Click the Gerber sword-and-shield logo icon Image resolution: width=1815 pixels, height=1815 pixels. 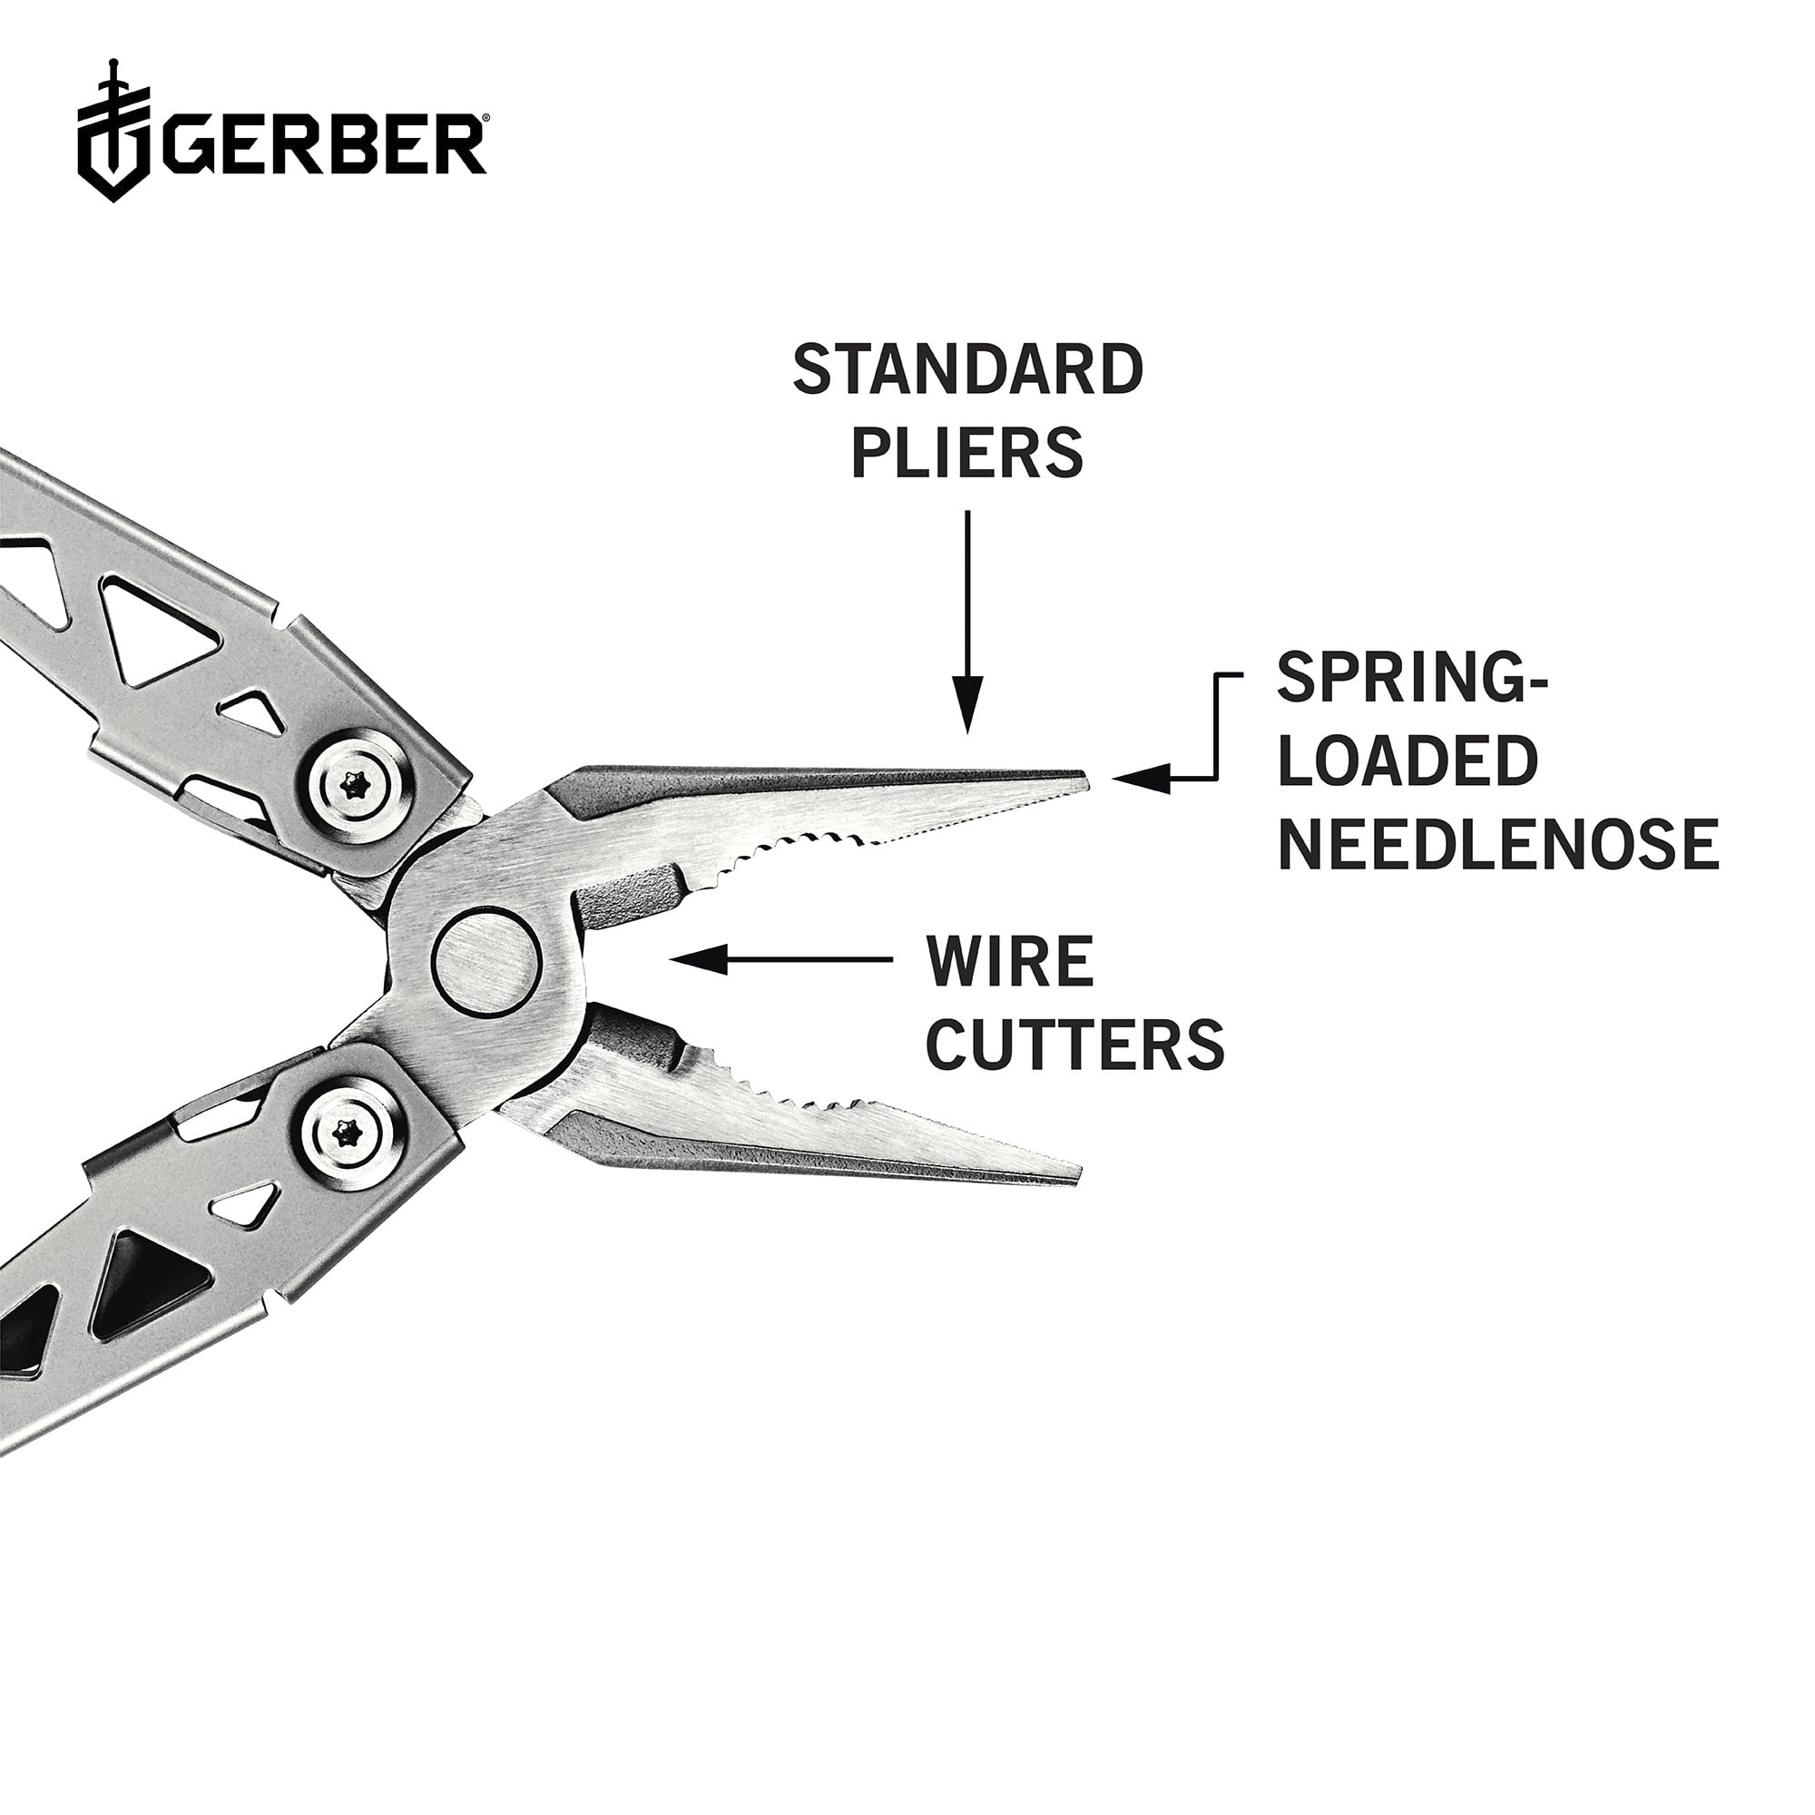(113, 133)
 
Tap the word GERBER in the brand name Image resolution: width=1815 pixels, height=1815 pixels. (324, 144)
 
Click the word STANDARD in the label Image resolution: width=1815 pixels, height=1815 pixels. (967, 370)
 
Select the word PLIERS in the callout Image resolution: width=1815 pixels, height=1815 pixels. (967, 454)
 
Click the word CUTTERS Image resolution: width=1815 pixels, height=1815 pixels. (1074, 1044)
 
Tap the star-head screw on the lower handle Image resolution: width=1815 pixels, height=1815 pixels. (355, 1133)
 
